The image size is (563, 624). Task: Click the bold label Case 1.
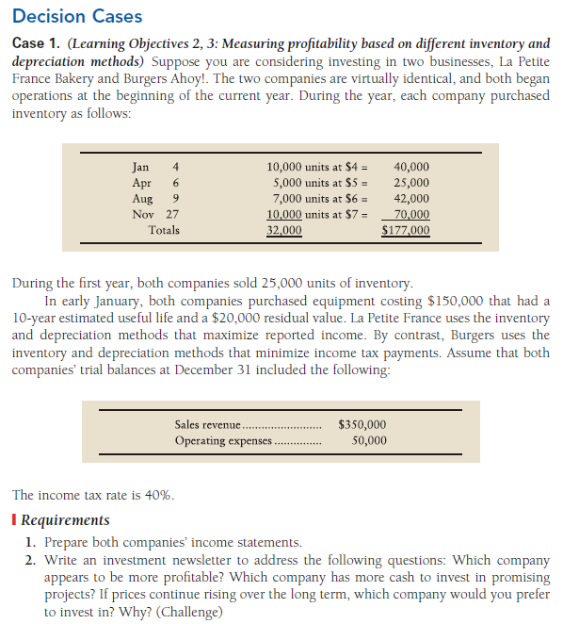click(37, 44)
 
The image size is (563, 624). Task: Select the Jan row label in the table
click(140, 167)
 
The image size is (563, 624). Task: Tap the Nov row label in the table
click(140, 214)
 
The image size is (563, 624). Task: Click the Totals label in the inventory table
click(163, 229)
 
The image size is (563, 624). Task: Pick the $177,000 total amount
click(406, 229)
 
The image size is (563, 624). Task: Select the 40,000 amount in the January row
click(411, 167)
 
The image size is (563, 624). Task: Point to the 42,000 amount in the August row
click(411, 199)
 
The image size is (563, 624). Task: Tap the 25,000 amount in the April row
click(411, 183)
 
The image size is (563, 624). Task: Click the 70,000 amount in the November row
click(411, 214)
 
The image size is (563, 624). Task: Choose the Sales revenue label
click(208, 425)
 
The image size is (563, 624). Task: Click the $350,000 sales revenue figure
click(362, 425)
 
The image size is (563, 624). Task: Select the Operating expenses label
click(222, 440)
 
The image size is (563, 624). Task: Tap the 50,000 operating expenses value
click(368, 440)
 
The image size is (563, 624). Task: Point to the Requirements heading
click(65, 519)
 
